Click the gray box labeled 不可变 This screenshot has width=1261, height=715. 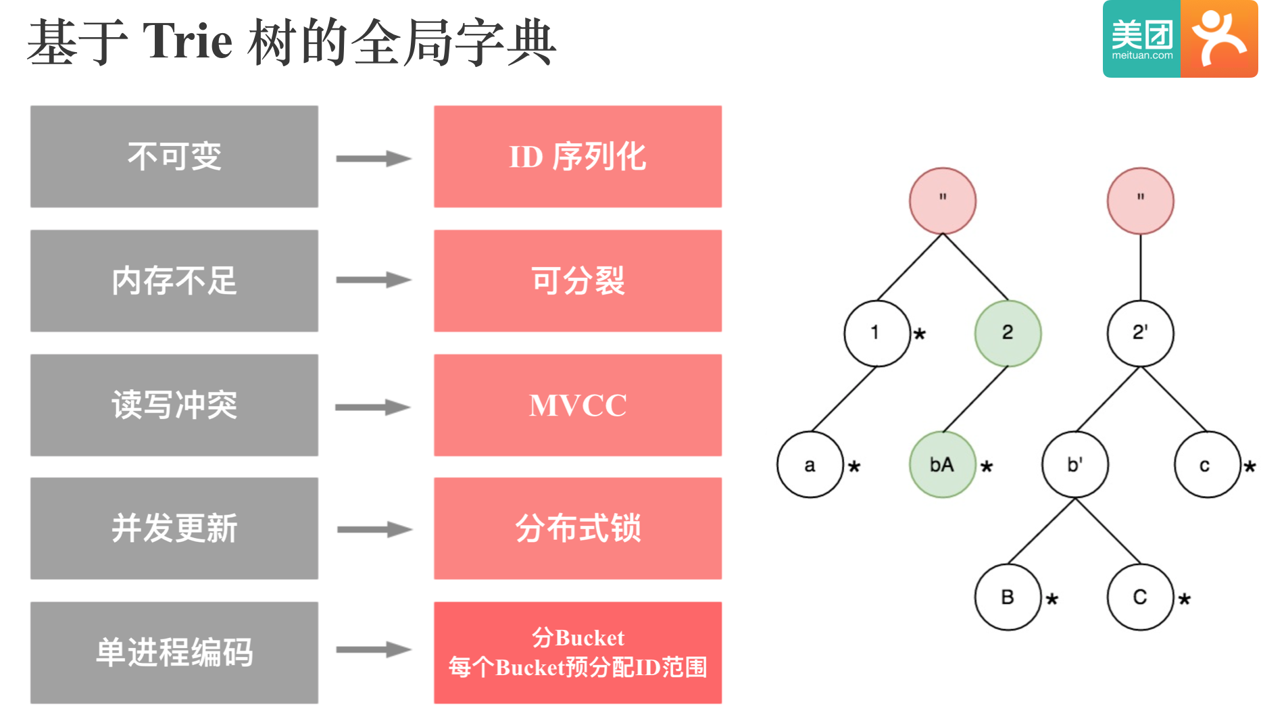click(174, 156)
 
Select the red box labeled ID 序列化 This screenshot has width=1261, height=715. click(578, 156)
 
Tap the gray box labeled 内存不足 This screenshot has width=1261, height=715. click(174, 280)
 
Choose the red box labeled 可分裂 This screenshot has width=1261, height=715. click(578, 280)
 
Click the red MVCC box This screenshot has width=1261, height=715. click(578, 405)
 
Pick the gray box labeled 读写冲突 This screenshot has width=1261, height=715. click(174, 405)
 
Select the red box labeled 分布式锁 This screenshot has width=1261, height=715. click(578, 528)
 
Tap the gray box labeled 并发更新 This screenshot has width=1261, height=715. click(174, 528)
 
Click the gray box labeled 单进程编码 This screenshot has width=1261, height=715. click(174, 653)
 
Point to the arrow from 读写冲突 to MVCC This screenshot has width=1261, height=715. click(374, 408)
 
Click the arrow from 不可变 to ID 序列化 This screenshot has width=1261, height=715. click(374, 159)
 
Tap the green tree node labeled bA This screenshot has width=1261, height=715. click(942, 465)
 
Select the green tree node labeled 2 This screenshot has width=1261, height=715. click(1008, 333)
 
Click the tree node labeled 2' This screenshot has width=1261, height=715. click(1140, 333)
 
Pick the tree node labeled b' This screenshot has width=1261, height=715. click(1074, 465)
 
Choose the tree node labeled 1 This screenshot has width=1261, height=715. click(876, 333)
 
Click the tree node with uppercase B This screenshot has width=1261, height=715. click(1008, 597)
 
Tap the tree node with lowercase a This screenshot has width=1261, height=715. click(810, 465)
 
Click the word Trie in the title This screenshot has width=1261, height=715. click(187, 42)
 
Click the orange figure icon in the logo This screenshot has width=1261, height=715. click(1218, 39)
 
